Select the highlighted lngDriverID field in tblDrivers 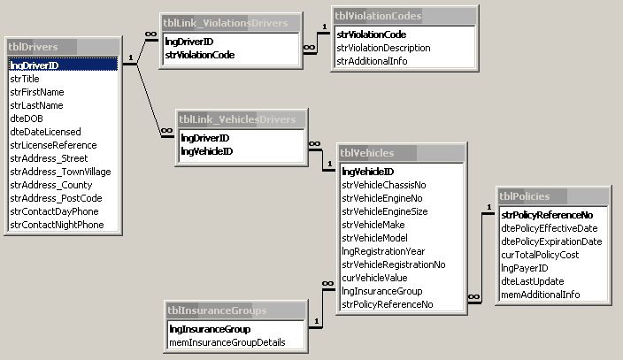click(x=35, y=65)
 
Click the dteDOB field click(x=26, y=119)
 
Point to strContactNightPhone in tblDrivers click(x=57, y=225)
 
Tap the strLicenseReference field click(x=52, y=145)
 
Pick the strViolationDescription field click(x=383, y=48)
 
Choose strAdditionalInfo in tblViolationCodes click(x=371, y=61)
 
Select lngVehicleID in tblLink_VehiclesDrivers click(x=206, y=151)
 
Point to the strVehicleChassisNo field click(x=383, y=185)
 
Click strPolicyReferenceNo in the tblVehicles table click(x=387, y=304)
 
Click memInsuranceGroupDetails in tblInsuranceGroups click(x=227, y=342)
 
